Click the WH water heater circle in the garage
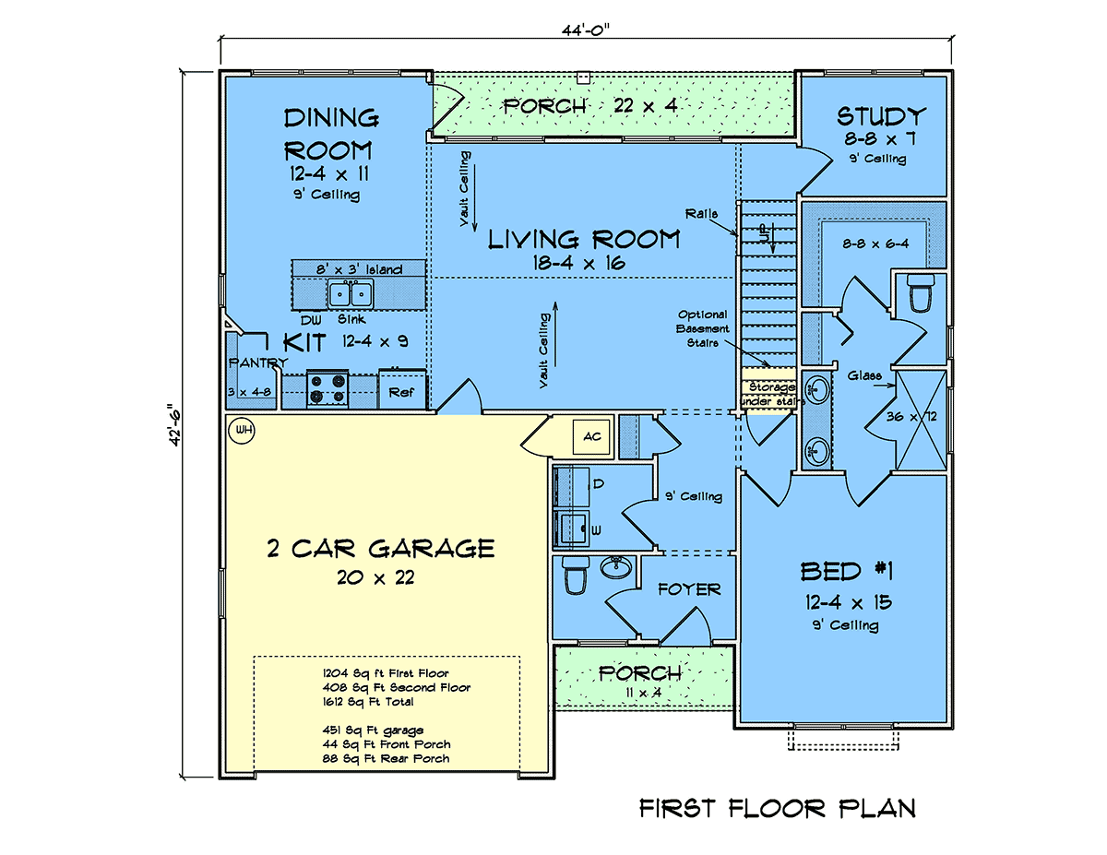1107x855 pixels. click(x=242, y=430)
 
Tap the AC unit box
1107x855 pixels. click(x=591, y=436)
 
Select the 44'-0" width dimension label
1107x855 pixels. click(x=586, y=30)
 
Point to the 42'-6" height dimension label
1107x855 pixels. click(x=174, y=425)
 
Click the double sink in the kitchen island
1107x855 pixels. click(x=351, y=294)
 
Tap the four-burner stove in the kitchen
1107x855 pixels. click(x=327, y=389)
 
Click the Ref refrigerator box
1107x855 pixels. click(x=402, y=390)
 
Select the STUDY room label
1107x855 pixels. click(x=881, y=116)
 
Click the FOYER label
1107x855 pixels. click(x=689, y=589)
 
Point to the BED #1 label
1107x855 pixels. click(x=846, y=571)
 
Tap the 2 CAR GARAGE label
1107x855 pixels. click(x=381, y=549)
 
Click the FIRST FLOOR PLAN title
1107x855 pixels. click(x=778, y=808)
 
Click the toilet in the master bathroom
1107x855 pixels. click(x=921, y=292)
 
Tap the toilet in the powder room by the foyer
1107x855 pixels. click(x=575, y=576)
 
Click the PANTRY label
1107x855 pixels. click(x=258, y=362)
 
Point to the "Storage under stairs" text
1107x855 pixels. click(x=772, y=394)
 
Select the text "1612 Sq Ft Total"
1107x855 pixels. click(x=368, y=702)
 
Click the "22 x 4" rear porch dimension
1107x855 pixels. click(x=646, y=105)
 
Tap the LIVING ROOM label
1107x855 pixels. click(x=584, y=239)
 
